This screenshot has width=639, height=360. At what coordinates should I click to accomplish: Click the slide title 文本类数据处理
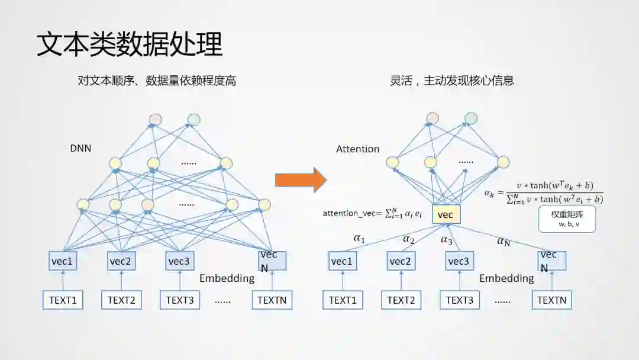(x=130, y=44)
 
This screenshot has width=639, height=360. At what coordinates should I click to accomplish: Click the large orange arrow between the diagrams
(x=301, y=179)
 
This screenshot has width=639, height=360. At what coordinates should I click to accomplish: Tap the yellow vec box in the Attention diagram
(x=446, y=214)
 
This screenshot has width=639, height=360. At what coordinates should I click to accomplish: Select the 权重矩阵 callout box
(x=567, y=218)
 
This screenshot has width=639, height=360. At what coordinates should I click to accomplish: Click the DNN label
(x=80, y=148)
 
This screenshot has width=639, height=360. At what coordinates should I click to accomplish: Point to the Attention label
(x=357, y=149)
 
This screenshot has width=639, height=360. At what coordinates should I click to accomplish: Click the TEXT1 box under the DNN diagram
(x=63, y=300)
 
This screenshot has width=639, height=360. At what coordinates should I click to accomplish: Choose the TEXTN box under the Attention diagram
(x=551, y=300)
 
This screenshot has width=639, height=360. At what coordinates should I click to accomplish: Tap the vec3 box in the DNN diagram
(x=180, y=261)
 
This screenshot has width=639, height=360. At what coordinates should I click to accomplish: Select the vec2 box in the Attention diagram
(x=401, y=261)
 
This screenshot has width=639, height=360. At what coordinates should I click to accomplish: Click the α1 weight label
(x=359, y=238)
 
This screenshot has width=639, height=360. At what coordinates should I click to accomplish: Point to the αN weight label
(x=504, y=241)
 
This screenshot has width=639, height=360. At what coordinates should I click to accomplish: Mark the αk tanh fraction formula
(x=544, y=192)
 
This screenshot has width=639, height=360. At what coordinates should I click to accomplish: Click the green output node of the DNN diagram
(x=193, y=120)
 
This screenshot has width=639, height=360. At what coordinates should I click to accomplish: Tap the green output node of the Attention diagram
(x=470, y=118)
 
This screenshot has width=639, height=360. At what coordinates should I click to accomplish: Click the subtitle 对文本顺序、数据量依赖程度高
(x=157, y=81)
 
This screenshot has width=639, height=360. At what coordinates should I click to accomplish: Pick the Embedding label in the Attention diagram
(x=506, y=278)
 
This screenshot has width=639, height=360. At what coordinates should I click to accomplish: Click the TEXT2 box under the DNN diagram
(x=121, y=300)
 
